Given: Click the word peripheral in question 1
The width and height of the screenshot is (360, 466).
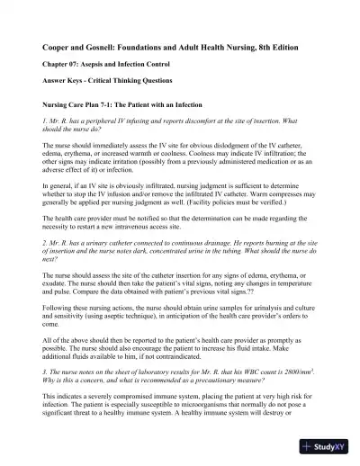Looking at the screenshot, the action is point(91,120).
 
